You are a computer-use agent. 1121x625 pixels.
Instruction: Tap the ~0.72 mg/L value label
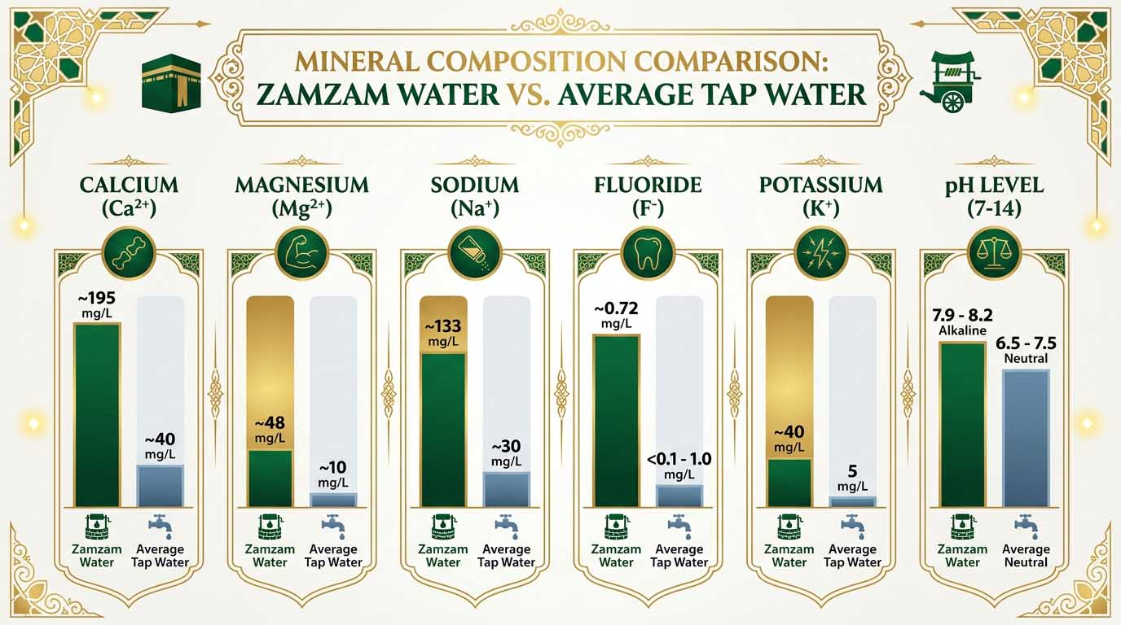coord(617,314)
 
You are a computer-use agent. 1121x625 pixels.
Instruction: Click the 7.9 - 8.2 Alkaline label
coord(962,321)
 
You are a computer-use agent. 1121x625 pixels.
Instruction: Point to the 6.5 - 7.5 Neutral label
coord(1026,349)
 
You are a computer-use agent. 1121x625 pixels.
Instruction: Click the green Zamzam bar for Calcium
coord(98,415)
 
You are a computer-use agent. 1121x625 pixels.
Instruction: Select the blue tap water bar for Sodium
coord(506,489)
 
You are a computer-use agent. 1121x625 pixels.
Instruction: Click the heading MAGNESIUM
coord(301,185)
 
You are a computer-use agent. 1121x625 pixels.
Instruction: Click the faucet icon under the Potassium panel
coord(852,526)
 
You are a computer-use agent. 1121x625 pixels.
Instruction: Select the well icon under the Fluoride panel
coord(616,527)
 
